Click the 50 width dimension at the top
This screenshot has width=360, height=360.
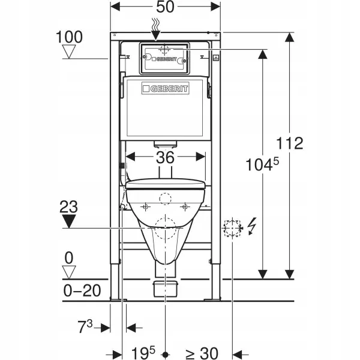165,7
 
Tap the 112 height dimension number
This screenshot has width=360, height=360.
290,143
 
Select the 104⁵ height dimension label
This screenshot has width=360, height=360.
262,164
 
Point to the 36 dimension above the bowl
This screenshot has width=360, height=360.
165,157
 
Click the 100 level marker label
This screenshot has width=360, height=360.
69,37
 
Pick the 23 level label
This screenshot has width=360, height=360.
68,207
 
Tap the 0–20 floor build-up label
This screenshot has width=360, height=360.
82,290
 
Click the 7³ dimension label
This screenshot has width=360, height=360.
85,326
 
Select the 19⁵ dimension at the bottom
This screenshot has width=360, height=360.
143,352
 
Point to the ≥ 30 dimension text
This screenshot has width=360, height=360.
202,353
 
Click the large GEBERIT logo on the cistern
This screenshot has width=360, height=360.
166,88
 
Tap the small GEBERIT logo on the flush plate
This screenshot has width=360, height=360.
164,59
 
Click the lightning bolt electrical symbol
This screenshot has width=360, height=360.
252,226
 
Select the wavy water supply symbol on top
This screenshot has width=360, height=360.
155,25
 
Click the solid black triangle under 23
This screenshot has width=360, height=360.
69,221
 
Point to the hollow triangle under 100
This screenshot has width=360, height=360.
69,52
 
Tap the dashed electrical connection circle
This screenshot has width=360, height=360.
232,228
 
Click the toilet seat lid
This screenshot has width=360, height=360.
166,184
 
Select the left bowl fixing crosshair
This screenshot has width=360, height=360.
145,206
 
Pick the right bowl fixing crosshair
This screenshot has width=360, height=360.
185,206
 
